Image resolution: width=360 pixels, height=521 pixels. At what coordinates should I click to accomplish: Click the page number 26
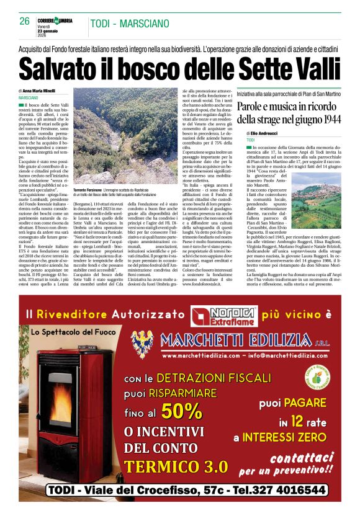pos(25,20)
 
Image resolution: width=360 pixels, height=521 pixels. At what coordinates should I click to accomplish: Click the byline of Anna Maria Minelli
pos(48,91)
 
